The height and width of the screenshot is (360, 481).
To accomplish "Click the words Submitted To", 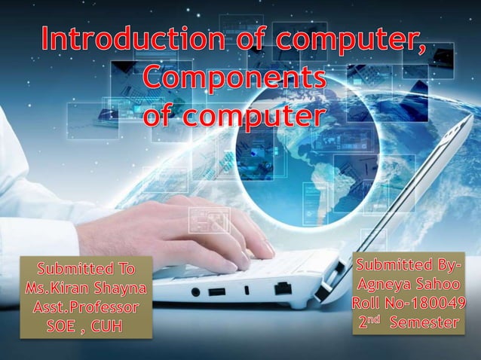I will (86, 269).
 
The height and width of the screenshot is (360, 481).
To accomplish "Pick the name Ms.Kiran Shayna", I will (86, 288).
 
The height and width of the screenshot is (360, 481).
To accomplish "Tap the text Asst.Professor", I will (86, 308).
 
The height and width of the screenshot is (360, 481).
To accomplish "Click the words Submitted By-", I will (408, 266).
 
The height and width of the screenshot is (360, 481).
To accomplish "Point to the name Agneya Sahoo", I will (408, 285).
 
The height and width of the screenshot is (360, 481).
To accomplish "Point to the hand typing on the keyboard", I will (204, 226).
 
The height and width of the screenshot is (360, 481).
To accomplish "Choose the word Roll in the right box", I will (369, 304).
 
